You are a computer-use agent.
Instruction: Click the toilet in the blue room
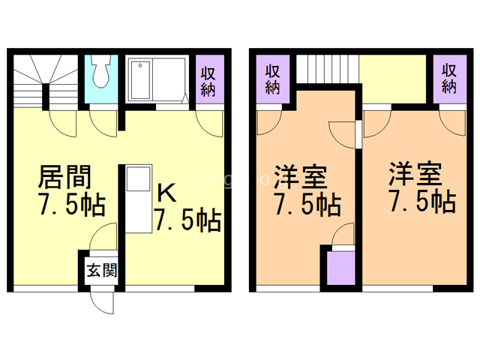click(100, 74)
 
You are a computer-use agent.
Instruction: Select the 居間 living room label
click(65, 178)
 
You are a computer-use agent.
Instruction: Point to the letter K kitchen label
click(166, 193)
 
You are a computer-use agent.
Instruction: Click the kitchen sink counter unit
click(137, 197)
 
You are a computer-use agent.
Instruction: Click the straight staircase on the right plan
click(328, 70)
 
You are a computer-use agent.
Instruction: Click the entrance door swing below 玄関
click(99, 301)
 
